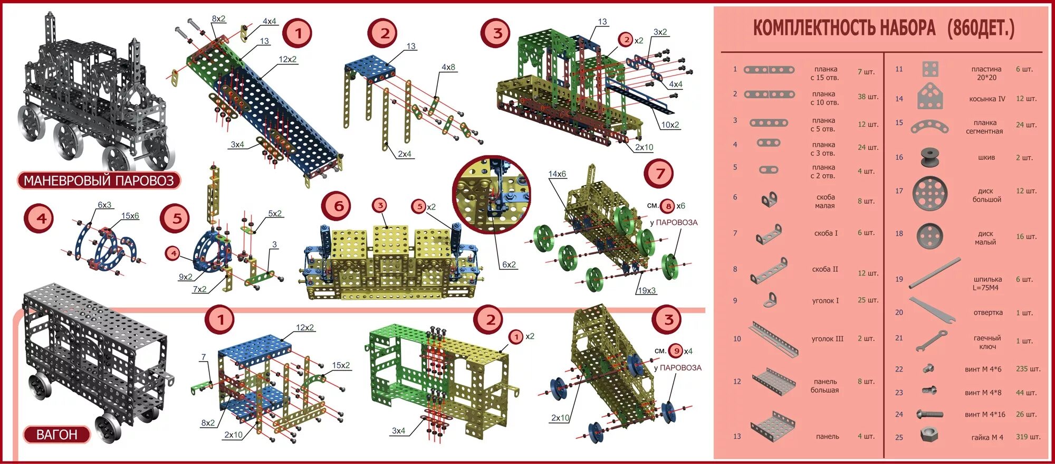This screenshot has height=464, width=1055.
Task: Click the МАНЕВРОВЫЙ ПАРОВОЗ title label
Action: [99, 181]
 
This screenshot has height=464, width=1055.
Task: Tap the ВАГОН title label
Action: [56, 434]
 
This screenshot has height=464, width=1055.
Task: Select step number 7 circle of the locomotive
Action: [659, 174]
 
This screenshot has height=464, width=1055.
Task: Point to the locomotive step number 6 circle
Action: [338, 206]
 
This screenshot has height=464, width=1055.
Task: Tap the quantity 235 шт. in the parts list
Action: [1028, 369]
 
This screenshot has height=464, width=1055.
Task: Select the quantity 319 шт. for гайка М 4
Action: [1028, 437]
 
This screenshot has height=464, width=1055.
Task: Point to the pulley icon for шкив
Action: [931, 157]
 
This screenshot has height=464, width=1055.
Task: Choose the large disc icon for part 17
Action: [929, 194]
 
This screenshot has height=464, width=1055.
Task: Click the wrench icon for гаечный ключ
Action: [932, 340]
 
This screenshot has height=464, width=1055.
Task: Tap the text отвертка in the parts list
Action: [987, 313]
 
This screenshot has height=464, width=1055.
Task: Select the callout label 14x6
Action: [557, 174]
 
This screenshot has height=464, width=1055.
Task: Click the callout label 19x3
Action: [646, 291]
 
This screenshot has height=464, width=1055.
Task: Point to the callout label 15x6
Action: [130, 216]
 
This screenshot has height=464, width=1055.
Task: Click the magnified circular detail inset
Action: [491, 194]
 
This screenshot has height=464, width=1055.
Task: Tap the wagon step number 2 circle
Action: [490, 319]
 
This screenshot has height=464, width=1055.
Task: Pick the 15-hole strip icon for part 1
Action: [769, 70]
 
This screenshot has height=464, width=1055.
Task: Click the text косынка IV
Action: [987, 99]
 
